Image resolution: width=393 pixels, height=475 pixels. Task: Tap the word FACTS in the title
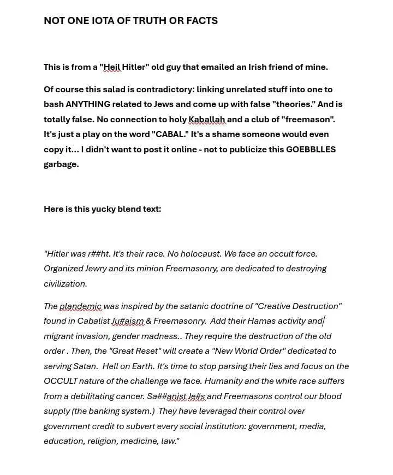click(x=202, y=21)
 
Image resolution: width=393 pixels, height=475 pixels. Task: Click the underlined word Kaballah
click(x=207, y=119)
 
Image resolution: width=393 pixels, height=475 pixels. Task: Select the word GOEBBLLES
click(x=311, y=149)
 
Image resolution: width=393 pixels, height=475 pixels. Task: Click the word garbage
click(x=61, y=164)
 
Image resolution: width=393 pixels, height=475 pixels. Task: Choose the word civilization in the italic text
click(x=65, y=283)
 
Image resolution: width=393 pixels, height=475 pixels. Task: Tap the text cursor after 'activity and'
click(x=324, y=321)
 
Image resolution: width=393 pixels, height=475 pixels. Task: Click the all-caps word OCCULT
click(x=61, y=381)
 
